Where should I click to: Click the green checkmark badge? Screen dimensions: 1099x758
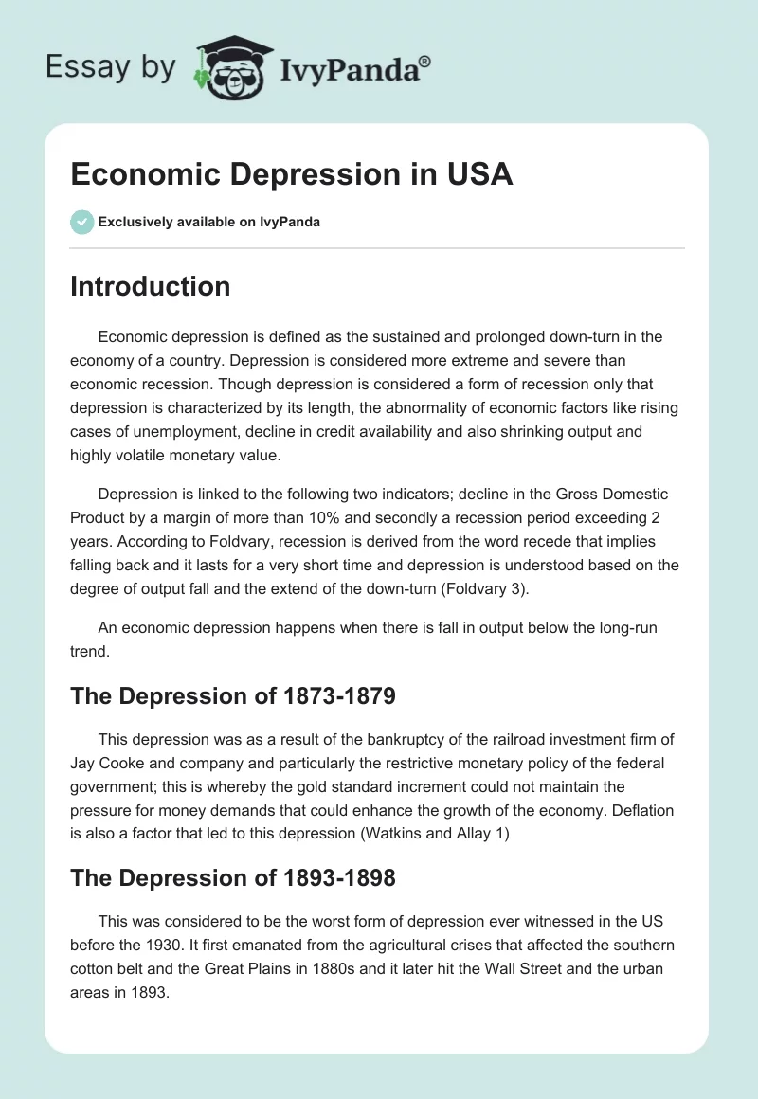tap(81, 222)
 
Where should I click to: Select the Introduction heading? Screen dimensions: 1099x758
tap(150, 286)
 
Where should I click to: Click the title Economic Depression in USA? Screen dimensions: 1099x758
tap(292, 175)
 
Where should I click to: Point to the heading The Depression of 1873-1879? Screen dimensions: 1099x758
tap(232, 696)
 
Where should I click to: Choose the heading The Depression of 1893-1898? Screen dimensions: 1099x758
tap(232, 877)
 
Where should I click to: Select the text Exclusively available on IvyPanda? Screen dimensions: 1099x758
tap(209, 223)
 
